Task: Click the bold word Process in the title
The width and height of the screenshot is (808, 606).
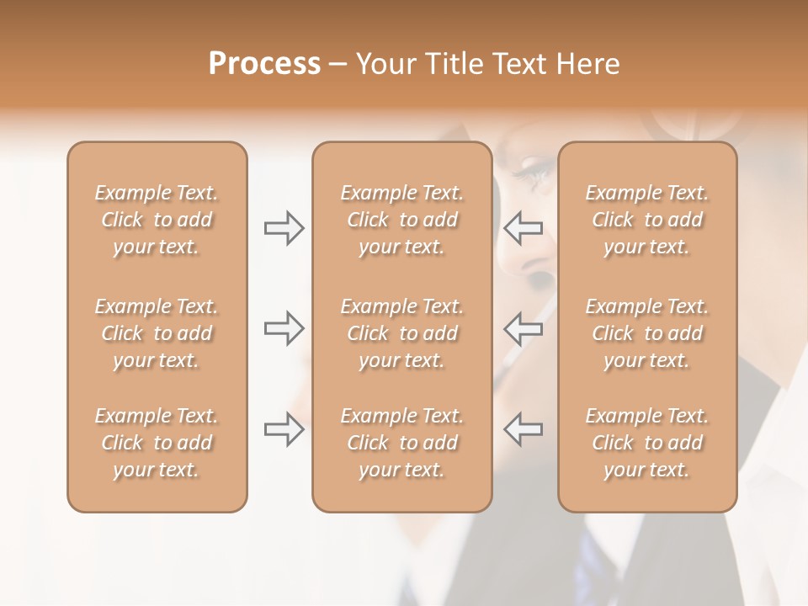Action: pos(264,64)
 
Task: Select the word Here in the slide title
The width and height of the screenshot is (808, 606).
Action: pos(587,64)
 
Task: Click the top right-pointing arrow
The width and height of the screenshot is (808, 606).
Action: pos(284,228)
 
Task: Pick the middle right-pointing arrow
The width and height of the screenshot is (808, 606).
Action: pos(284,328)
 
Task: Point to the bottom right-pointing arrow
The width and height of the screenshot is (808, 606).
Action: pos(284,428)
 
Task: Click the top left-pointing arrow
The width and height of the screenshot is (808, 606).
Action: pos(523,228)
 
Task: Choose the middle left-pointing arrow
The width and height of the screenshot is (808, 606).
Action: pos(523,328)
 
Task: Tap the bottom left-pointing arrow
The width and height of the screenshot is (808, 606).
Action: pos(523,428)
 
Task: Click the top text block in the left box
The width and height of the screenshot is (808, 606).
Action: pos(157,220)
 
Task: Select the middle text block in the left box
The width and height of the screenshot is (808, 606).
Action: pos(157,333)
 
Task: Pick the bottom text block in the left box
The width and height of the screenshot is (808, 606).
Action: pos(157,443)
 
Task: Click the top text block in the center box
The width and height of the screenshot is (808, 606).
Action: pos(402,220)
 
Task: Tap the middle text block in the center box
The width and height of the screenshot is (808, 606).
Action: pos(402,333)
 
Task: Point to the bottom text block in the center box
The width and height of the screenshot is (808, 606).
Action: pos(402,443)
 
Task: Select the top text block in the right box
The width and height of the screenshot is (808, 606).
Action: pos(647,220)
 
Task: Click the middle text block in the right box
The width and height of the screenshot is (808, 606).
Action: pos(647,333)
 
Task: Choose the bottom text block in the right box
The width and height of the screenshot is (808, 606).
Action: pos(647,443)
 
